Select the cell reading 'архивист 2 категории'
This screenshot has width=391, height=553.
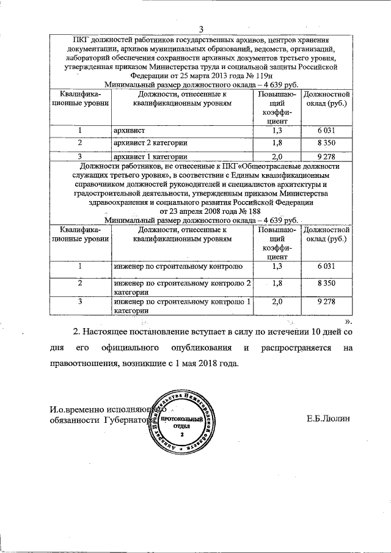(146, 142)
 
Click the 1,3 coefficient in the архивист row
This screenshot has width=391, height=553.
(277, 130)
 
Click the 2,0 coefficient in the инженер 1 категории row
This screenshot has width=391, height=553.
(277, 301)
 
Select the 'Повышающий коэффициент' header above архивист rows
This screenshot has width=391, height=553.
(277, 108)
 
